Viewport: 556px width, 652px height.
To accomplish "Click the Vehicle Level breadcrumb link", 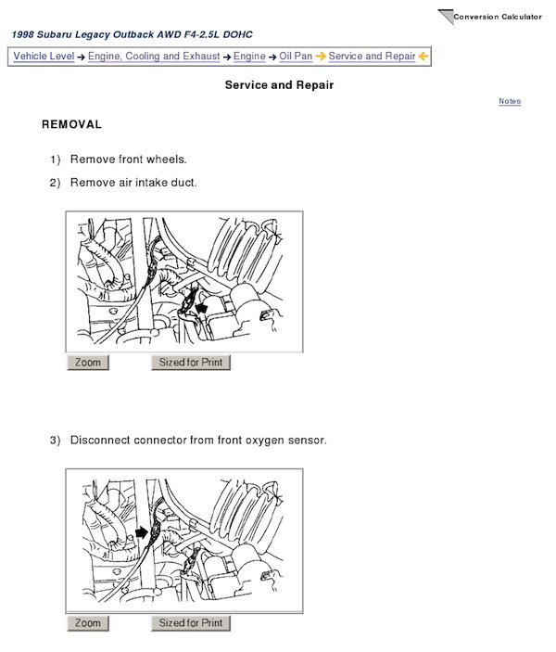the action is (44, 57).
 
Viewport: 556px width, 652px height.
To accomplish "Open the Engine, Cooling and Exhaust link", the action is (154, 57).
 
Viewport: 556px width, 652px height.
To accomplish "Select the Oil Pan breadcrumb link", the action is (296, 57).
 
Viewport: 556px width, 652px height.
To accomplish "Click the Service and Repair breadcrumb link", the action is (372, 57).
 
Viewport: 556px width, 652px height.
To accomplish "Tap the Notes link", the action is (510, 101).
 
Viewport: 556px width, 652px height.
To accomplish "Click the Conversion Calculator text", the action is (498, 17).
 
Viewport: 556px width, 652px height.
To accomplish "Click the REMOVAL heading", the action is (72, 124).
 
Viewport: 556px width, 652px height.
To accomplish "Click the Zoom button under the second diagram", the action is (88, 623).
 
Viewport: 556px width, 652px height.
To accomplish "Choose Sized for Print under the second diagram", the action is (191, 623).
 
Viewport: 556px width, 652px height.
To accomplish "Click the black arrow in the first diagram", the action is (202, 308).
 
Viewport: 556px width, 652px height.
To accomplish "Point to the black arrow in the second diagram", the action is (142, 532).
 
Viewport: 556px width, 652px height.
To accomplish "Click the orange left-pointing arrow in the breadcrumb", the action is (423, 57).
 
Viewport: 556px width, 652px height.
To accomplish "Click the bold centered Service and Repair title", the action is (279, 85).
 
